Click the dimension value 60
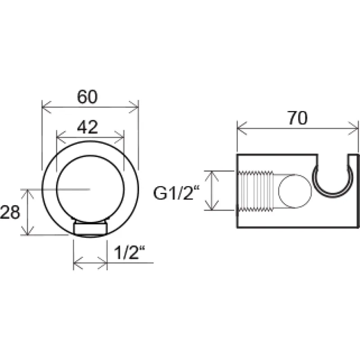87,97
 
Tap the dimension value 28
10,212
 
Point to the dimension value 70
297,118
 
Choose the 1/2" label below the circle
130,252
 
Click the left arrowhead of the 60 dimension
46,107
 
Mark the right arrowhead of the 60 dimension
134,107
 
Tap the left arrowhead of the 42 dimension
61,137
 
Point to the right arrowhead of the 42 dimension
119,137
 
